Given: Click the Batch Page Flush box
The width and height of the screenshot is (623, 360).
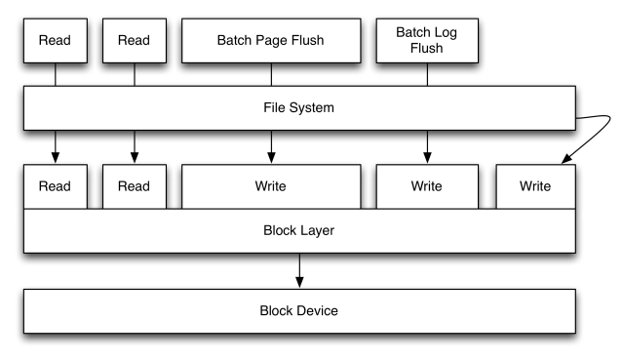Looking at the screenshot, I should [x=270, y=40].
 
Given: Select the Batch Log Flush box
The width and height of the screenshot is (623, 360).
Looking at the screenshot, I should [x=426, y=40].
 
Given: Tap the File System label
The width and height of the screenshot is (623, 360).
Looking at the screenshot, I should [x=298, y=107].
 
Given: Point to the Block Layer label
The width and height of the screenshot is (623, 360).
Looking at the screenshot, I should [x=298, y=231].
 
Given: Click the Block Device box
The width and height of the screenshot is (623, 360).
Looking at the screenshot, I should [x=298, y=310].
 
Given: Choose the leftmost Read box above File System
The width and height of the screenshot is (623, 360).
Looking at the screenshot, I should [x=55, y=40].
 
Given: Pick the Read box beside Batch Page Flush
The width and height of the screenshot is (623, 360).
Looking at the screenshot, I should [x=134, y=40].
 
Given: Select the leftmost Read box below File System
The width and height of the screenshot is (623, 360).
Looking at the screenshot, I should [x=55, y=185].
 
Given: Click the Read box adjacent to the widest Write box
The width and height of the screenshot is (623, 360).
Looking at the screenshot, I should [x=134, y=185].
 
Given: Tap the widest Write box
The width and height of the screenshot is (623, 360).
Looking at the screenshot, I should [x=270, y=185].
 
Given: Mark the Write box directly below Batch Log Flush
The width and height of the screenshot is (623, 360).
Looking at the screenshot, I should [x=426, y=185].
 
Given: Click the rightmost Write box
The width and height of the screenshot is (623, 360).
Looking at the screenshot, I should [x=534, y=185].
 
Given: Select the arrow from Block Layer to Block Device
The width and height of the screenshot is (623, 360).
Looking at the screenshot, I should [x=298, y=270].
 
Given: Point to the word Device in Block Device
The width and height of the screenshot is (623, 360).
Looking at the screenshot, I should [x=317, y=310].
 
